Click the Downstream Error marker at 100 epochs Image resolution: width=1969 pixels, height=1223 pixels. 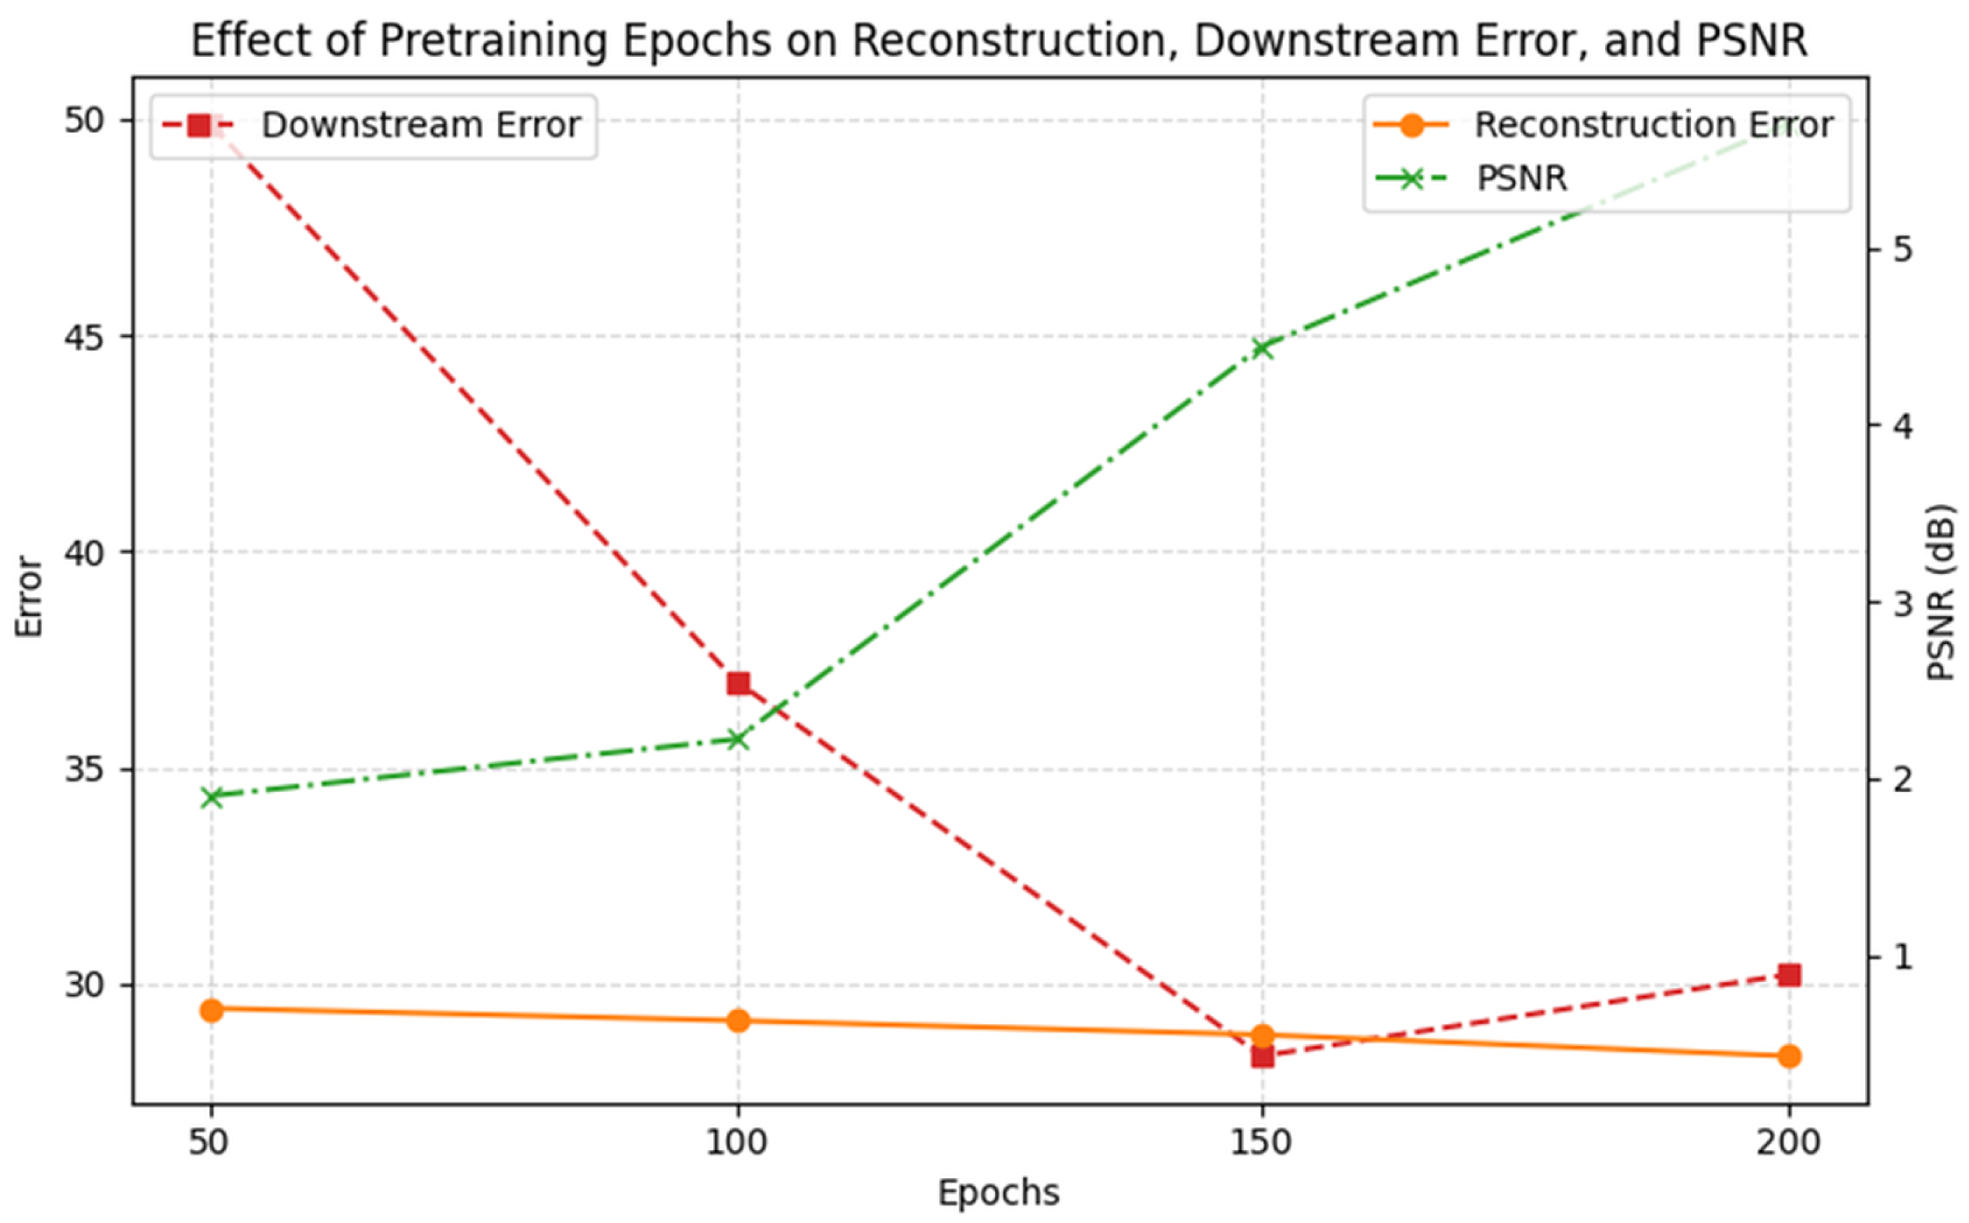737,683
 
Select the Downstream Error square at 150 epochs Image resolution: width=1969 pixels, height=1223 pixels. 1262,1056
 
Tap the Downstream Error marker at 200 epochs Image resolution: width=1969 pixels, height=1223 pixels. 1790,975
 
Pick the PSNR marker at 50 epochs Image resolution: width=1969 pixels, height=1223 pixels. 212,798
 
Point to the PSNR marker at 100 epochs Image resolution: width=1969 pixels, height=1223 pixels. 737,739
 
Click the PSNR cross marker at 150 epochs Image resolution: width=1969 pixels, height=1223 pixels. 1262,348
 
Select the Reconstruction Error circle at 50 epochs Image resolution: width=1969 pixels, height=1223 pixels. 212,1010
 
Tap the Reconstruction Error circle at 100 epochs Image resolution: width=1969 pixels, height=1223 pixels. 737,1020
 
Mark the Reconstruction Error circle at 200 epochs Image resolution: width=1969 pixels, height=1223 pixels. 1790,1055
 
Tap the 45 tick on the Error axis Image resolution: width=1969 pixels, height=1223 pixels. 84,336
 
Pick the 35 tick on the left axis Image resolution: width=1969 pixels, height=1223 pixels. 84,770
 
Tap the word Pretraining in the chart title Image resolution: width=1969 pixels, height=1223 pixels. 493,41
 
